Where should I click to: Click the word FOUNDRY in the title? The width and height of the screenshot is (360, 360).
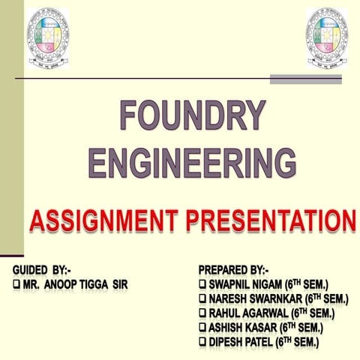tap(193, 117)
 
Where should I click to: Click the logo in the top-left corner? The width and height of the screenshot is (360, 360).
tap(49, 36)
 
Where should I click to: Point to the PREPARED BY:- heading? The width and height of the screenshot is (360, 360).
tap(233, 269)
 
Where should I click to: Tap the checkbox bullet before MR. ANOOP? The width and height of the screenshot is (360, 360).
tap(16, 284)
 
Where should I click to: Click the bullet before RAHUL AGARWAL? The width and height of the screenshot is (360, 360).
tap(203, 313)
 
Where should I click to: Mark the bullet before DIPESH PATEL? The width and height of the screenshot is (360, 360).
tap(203, 342)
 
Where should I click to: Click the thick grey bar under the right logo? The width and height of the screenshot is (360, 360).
tap(305, 79)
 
